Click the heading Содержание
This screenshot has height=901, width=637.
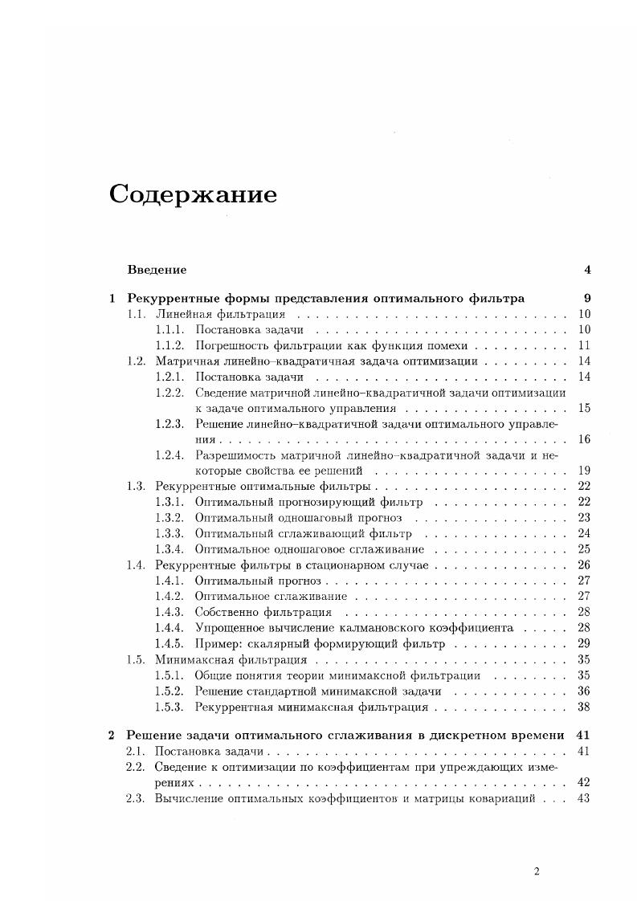[x=193, y=195]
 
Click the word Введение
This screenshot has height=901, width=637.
[x=157, y=269]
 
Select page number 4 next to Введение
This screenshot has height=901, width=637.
[x=588, y=269]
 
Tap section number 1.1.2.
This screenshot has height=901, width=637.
[x=169, y=345]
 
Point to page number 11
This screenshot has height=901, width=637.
[x=584, y=345]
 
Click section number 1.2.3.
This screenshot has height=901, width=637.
[x=169, y=423]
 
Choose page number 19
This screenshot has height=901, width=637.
[x=584, y=471]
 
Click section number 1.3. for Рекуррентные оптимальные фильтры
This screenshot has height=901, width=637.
[x=136, y=486]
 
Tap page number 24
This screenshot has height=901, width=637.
[x=584, y=533]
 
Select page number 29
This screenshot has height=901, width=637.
[x=584, y=643]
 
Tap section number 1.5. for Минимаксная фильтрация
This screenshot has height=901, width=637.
[x=136, y=659]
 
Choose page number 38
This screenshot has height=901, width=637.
[x=584, y=707]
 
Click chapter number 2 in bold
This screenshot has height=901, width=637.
[x=112, y=735]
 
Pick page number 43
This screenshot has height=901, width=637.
[x=584, y=797]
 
